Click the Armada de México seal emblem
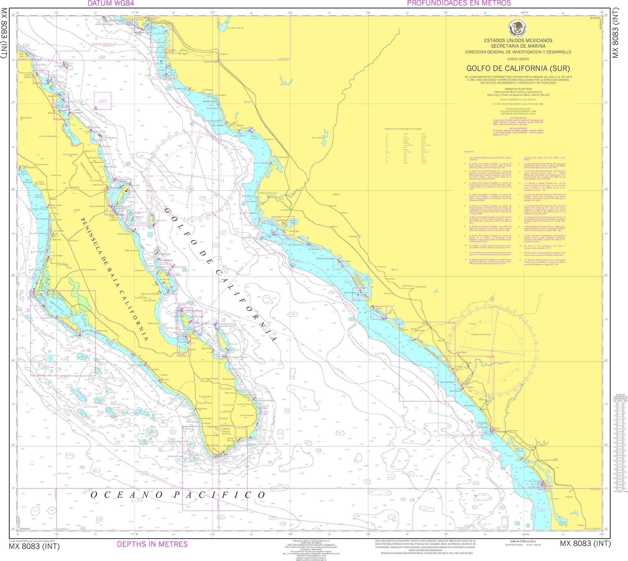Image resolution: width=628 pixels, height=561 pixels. pyautogui.click(x=518, y=27)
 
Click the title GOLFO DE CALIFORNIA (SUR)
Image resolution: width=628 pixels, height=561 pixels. pyautogui.click(x=518, y=69)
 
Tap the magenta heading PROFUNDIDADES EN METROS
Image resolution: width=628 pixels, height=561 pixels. pyautogui.click(x=459, y=3)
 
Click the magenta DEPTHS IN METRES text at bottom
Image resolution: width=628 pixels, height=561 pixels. pyautogui.click(x=152, y=544)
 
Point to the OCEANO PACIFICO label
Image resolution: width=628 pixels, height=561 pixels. pyautogui.click(x=178, y=495)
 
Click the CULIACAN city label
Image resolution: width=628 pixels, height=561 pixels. pyautogui.click(x=420, y=287)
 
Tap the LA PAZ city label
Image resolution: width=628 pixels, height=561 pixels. pyautogui.click(x=192, y=349)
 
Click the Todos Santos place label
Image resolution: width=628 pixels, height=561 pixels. pyautogui.click(x=202, y=409)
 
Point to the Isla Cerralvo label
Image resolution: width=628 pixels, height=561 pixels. pyautogui.click(x=233, y=344)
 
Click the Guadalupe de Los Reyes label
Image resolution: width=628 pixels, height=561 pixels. pyautogui.click(x=481, y=334)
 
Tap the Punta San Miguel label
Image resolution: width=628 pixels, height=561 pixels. pyautogui.click(x=447, y=382)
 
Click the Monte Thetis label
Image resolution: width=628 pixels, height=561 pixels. pyautogui.click(x=26, y=118)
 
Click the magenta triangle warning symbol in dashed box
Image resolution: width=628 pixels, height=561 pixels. pyautogui.click(x=95, y=108)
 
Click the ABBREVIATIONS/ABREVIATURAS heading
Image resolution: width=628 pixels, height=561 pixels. pyautogui.click(x=403, y=129)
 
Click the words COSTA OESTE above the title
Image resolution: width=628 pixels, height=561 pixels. pyautogui.click(x=518, y=59)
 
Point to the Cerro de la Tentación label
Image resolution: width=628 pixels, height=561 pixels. pyautogui.click(x=48, y=136)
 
